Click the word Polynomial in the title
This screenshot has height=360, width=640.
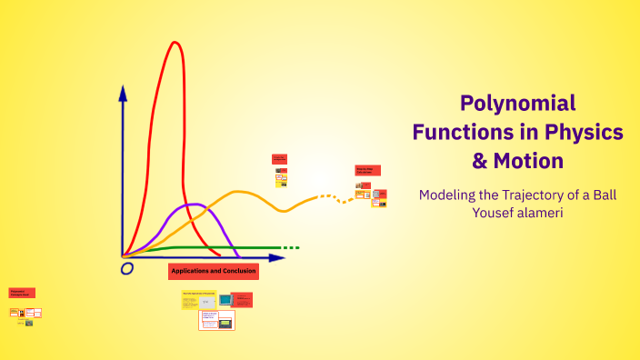517,103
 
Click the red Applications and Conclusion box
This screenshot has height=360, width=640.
214,271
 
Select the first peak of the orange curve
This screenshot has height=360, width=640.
240,192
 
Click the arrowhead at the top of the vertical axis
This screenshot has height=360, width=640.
123,91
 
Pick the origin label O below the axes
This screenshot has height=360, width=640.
127,268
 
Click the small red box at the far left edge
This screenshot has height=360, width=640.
22,294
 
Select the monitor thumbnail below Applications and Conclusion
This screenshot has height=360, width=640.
225,299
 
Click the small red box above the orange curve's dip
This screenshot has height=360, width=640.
279,159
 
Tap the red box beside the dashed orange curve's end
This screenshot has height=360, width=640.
367,170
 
